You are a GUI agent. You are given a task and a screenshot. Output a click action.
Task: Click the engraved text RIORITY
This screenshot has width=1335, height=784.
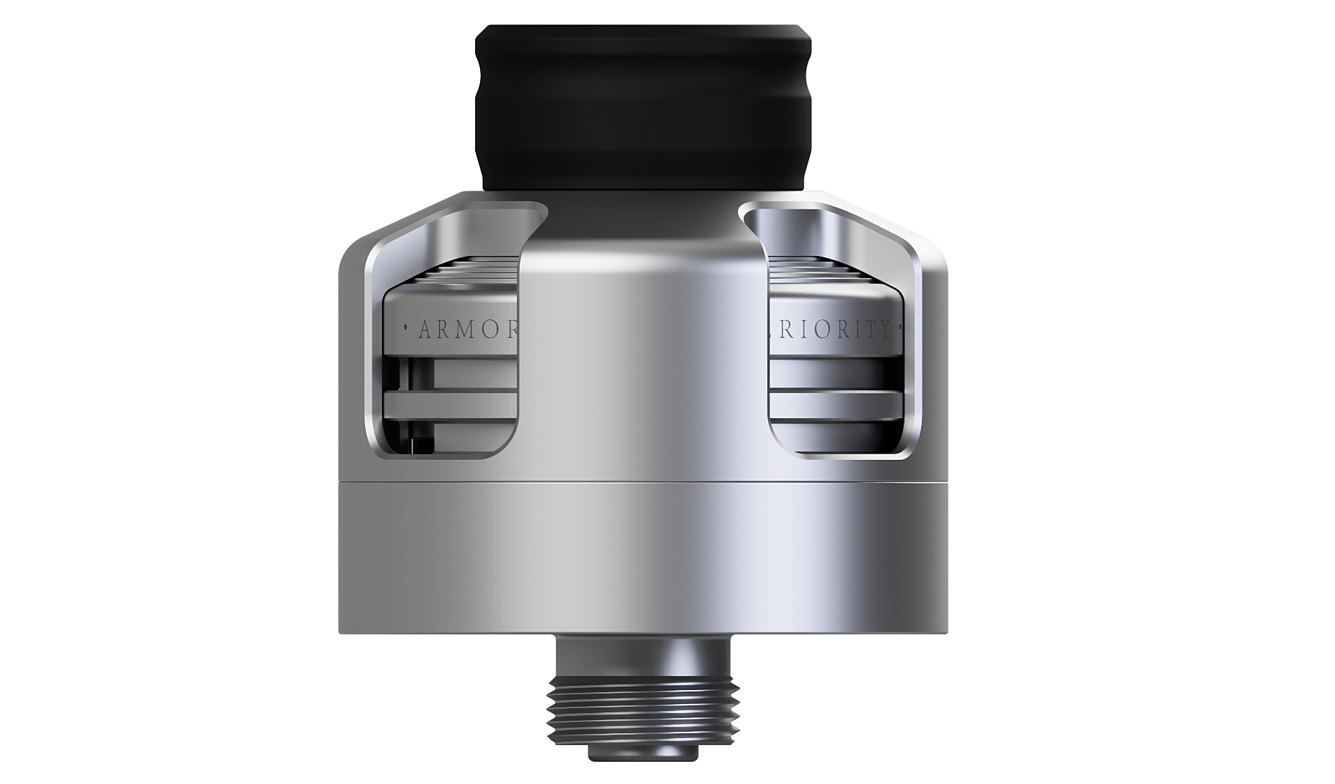point(835,329)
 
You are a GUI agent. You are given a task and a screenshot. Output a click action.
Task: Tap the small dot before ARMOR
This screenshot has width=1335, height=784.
point(406,326)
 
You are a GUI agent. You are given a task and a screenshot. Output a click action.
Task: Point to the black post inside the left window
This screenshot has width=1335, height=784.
point(412,445)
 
